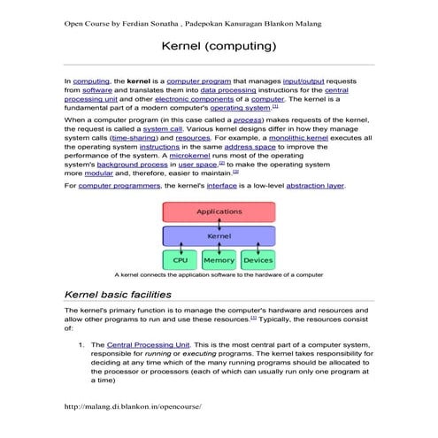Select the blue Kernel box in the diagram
pyautogui.click(x=219, y=237)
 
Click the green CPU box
pyautogui.click(x=180, y=260)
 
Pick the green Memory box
pyautogui.click(x=219, y=260)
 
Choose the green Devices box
pyautogui.click(x=257, y=260)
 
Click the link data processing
pyautogui.click(x=232, y=89)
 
